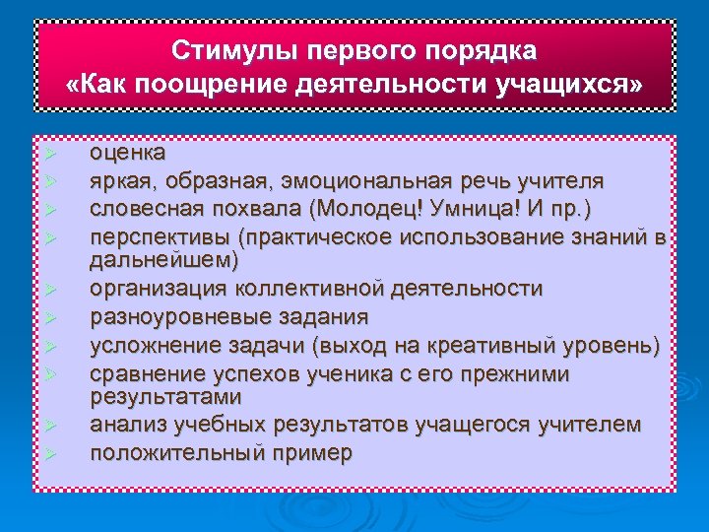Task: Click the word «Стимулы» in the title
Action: (x=218, y=50)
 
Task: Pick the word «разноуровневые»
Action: (x=179, y=317)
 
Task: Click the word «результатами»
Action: (x=164, y=397)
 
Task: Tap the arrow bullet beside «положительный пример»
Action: (x=51, y=454)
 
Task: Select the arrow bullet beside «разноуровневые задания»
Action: (x=51, y=318)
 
